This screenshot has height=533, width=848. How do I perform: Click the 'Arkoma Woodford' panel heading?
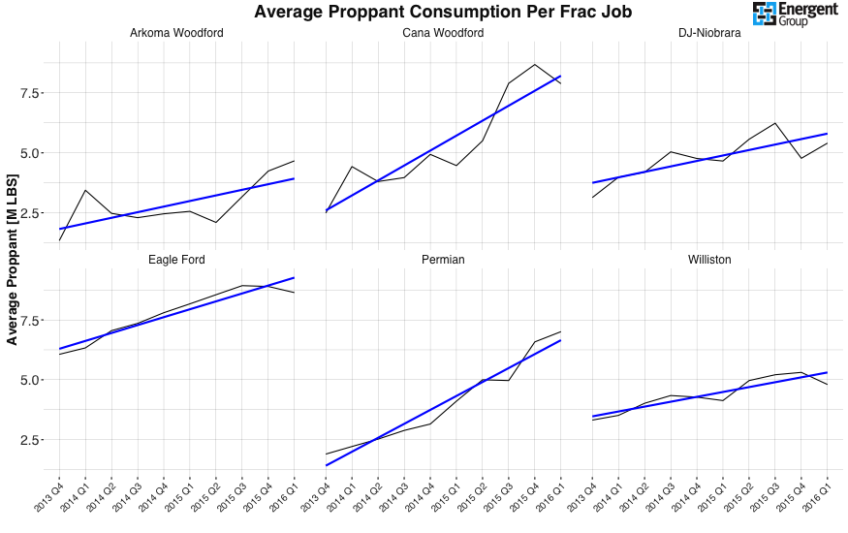pyautogui.click(x=176, y=33)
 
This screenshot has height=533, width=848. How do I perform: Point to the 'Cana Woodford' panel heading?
pyautogui.click(x=443, y=33)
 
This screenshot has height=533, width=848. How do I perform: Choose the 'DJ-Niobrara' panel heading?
pyautogui.click(x=709, y=33)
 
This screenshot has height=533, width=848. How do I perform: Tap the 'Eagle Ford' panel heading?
pyautogui.click(x=176, y=260)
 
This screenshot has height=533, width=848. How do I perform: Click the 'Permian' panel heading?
pyautogui.click(x=443, y=260)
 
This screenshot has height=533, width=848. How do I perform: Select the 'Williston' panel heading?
pyautogui.click(x=709, y=260)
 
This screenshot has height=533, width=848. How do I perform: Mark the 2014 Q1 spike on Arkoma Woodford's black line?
pyautogui.click(x=86, y=190)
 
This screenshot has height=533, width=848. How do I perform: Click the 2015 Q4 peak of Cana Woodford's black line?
pyautogui.click(x=535, y=65)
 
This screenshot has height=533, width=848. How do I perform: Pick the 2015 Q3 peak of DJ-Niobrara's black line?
pyautogui.click(x=775, y=123)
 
